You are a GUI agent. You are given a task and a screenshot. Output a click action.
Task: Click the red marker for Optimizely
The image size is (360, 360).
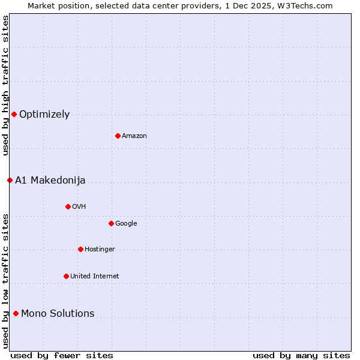point(14,114)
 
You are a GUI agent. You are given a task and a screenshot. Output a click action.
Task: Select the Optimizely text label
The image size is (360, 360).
point(44,115)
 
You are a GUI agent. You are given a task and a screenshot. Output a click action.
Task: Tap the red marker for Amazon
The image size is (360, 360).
point(118,136)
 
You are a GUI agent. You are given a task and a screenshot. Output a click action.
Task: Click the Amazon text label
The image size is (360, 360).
point(134,136)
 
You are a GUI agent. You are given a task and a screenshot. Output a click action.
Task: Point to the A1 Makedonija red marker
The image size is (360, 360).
point(10,180)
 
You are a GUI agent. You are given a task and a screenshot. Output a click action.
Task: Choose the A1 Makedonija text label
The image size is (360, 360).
point(50,181)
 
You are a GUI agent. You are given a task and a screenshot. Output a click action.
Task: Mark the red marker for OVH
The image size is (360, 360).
point(68,206)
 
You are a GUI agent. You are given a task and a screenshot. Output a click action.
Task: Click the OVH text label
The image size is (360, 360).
point(79,207)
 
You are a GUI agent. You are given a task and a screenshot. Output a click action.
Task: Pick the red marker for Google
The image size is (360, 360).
point(111,223)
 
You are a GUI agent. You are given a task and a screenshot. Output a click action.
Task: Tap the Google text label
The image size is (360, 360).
point(126,224)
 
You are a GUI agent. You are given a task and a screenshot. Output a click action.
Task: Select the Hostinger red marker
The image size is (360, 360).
point(80,249)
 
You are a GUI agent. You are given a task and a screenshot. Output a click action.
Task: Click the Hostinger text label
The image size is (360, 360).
point(100,250)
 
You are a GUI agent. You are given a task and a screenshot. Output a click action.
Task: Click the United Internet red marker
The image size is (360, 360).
point(66,276)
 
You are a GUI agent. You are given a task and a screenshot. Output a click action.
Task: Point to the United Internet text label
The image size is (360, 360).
point(94,277)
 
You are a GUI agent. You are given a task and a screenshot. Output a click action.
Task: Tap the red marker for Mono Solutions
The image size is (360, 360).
point(16,313)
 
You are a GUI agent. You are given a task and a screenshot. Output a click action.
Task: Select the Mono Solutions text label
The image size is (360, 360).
point(58,314)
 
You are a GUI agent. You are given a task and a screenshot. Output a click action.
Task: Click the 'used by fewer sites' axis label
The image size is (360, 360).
point(62,355)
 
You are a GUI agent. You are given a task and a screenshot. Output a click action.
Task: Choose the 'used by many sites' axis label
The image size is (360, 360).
point(301,355)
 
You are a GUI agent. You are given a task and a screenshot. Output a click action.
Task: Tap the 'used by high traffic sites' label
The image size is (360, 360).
point(5,85)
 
